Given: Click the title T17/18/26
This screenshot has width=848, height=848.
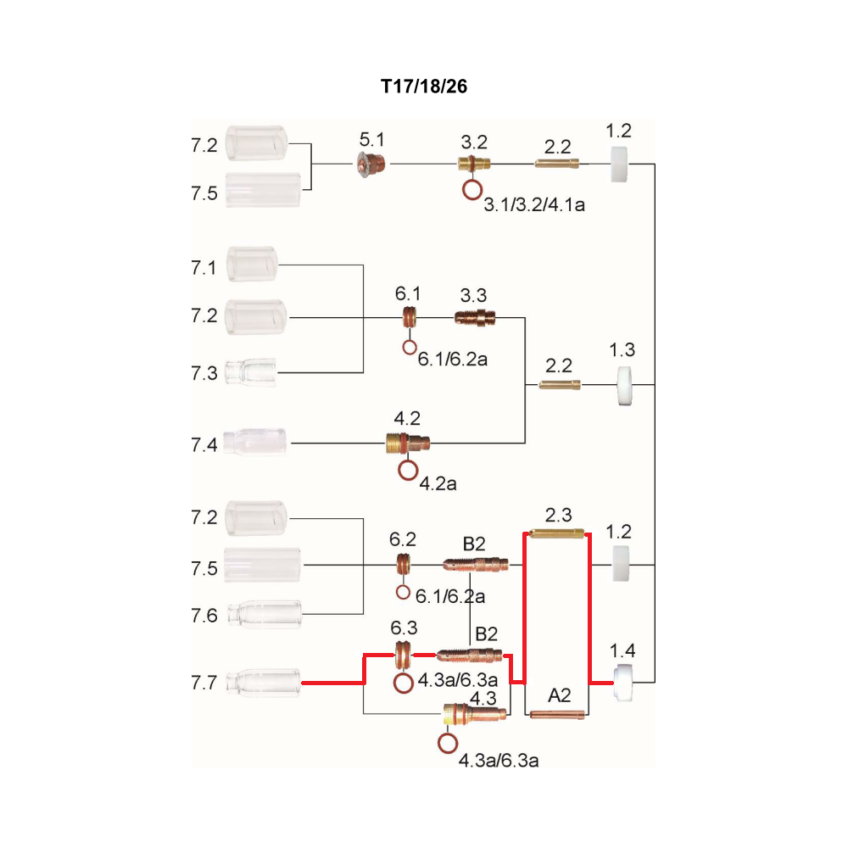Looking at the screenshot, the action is coord(424,86).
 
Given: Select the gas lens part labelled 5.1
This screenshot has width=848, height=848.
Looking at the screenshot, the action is coord(371,163).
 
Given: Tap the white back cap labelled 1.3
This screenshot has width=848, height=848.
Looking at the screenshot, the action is coord(625,386).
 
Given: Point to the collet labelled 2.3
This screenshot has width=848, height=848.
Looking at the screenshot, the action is coord(556,533).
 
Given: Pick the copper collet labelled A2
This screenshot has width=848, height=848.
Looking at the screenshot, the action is coord(557,714).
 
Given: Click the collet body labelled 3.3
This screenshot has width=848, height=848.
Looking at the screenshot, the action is coord(475,317).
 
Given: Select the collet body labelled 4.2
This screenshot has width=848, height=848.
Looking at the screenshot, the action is coord(408,443).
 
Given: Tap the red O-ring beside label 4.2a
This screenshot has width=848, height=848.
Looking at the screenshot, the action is coord(409,470).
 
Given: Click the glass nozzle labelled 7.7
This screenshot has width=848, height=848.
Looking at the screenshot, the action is coord(264,683).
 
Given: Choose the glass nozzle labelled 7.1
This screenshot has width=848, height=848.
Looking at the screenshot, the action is coord(252,264).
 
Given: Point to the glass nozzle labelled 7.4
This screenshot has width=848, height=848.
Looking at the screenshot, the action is coord(254,443).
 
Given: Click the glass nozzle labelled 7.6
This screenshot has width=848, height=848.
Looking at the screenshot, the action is coord(265,614).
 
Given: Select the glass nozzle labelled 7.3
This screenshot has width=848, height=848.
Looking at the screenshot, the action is coord(250,372).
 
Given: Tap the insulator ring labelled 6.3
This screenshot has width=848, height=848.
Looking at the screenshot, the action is coord(403,655).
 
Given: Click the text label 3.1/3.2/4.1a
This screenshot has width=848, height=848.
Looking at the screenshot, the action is coord(534,205).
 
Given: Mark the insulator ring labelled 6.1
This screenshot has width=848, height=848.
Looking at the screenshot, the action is coord(410,317).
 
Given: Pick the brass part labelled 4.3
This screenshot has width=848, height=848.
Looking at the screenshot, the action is coord(475,714).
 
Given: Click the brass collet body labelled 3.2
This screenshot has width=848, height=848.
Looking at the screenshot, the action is coord(474,163).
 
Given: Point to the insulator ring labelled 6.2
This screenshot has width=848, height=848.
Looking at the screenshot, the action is coord(404,565).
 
